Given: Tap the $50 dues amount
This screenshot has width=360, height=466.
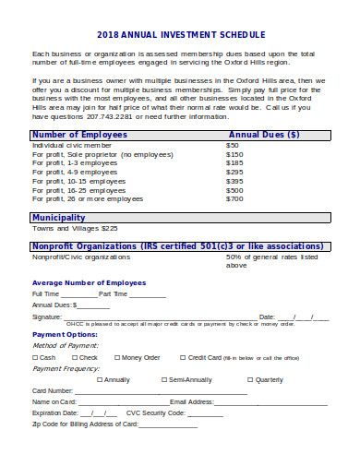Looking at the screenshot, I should click(233, 145).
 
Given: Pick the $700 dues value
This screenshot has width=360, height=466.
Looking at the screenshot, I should click(234, 198).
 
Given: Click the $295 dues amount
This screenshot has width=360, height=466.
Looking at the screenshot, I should click(234, 172).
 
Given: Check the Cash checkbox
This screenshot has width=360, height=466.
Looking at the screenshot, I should click(35, 357).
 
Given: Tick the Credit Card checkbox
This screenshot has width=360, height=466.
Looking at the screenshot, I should click(182, 357).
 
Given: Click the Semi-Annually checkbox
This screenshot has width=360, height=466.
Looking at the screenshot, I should click(164, 379).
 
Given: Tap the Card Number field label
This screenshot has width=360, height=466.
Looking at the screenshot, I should click(53, 390).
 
